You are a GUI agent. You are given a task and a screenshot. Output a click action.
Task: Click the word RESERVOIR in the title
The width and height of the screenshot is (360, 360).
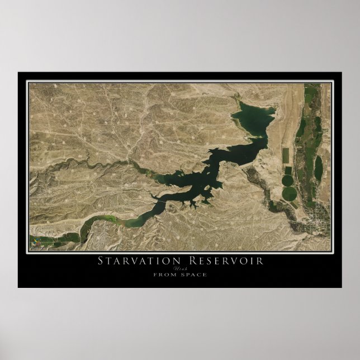[224, 261]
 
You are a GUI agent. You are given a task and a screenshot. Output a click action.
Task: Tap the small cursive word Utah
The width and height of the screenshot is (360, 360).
[180, 268]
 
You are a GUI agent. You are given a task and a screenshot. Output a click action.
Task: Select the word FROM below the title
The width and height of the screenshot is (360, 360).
[164, 274]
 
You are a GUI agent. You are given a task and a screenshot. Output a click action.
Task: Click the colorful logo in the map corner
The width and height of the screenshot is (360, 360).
[36, 243]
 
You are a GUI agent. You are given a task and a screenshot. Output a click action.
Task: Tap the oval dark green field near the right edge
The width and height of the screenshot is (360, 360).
[318, 168]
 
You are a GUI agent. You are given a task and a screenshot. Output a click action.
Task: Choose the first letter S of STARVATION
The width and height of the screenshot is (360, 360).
[101, 261]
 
